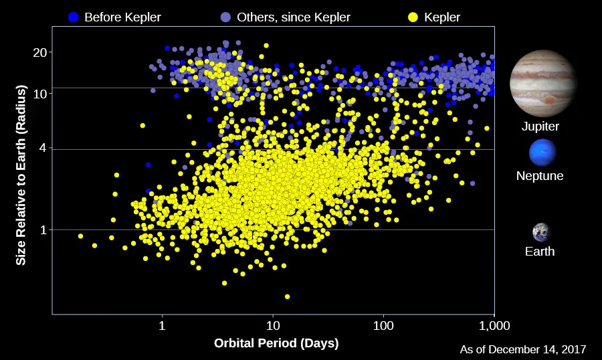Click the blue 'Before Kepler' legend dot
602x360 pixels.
click(x=74, y=17)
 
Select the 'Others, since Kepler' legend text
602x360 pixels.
click(x=294, y=17)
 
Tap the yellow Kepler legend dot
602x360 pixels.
click(x=413, y=17)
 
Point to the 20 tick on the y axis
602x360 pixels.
click(x=42, y=52)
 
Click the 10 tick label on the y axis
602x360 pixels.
click(x=42, y=93)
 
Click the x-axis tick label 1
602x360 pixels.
click(x=162, y=326)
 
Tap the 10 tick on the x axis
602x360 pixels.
click(x=273, y=326)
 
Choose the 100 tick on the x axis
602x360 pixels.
click(x=383, y=326)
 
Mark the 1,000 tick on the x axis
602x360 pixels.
click(x=494, y=326)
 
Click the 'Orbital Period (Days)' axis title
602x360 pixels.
click(x=276, y=343)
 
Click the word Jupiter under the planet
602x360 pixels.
click(x=540, y=126)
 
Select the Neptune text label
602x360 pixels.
click(x=540, y=176)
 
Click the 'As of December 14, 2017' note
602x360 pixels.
click(x=523, y=349)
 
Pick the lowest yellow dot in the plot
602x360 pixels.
click(x=287, y=296)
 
